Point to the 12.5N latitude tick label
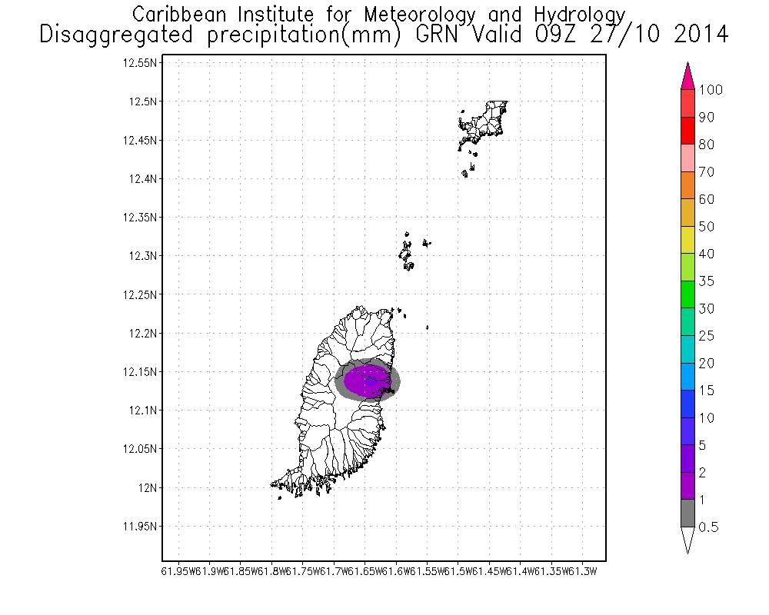tap(145, 101)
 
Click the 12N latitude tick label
tap(148, 487)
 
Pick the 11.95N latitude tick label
tap(141, 526)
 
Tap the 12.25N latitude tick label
tap(141, 294)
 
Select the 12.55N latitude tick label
tap(141, 63)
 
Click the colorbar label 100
tap(711, 90)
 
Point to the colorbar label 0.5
tap(708, 527)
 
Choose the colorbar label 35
tap(707, 281)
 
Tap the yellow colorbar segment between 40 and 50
tap(688, 240)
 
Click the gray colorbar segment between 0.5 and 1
tap(688, 513)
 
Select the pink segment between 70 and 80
tap(688, 158)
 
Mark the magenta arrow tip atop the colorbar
tap(688, 78)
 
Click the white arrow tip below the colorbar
tap(688, 540)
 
